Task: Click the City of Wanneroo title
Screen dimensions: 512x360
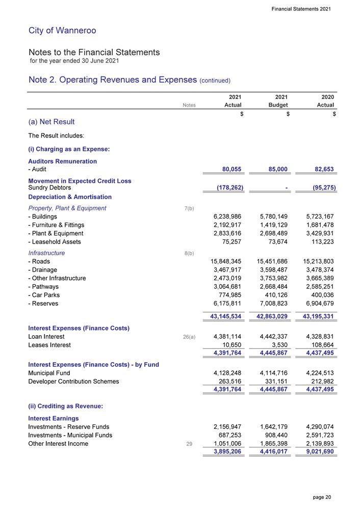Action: [62, 31]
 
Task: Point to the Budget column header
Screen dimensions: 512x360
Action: [277, 105]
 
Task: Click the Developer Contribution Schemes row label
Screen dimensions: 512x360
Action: [73, 381]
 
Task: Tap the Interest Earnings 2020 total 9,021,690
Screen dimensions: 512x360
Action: [317, 452]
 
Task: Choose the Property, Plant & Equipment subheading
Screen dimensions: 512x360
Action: [67, 208]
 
